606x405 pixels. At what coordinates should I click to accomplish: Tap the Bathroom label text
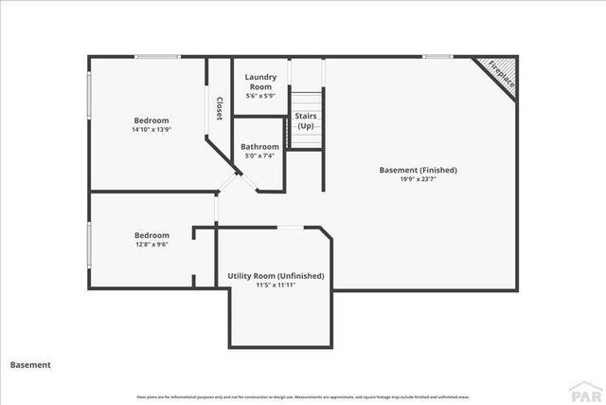(x=259, y=147)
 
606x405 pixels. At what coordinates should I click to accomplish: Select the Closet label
(x=219, y=108)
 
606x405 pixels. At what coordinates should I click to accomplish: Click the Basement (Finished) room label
(x=418, y=170)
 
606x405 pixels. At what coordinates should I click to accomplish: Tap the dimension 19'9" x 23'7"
(x=418, y=179)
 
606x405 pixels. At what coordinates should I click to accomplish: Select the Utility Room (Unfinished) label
(x=276, y=276)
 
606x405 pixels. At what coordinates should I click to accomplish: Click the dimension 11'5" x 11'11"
(x=276, y=285)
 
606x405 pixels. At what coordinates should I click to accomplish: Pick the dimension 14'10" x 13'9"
(x=151, y=130)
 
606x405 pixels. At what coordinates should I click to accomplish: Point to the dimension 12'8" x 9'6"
(x=151, y=245)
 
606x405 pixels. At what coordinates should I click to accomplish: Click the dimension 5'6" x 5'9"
(x=259, y=96)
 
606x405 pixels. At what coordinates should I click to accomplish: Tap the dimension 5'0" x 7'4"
(x=259, y=156)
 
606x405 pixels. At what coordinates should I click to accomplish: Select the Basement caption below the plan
(x=30, y=364)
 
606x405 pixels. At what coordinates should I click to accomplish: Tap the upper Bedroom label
(x=151, y=120)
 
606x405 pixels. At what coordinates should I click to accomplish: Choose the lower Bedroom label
(x=151, y=235)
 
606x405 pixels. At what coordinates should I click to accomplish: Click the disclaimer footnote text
(x=303, y=396)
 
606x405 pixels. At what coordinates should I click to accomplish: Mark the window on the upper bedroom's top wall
(x=157, y=57)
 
